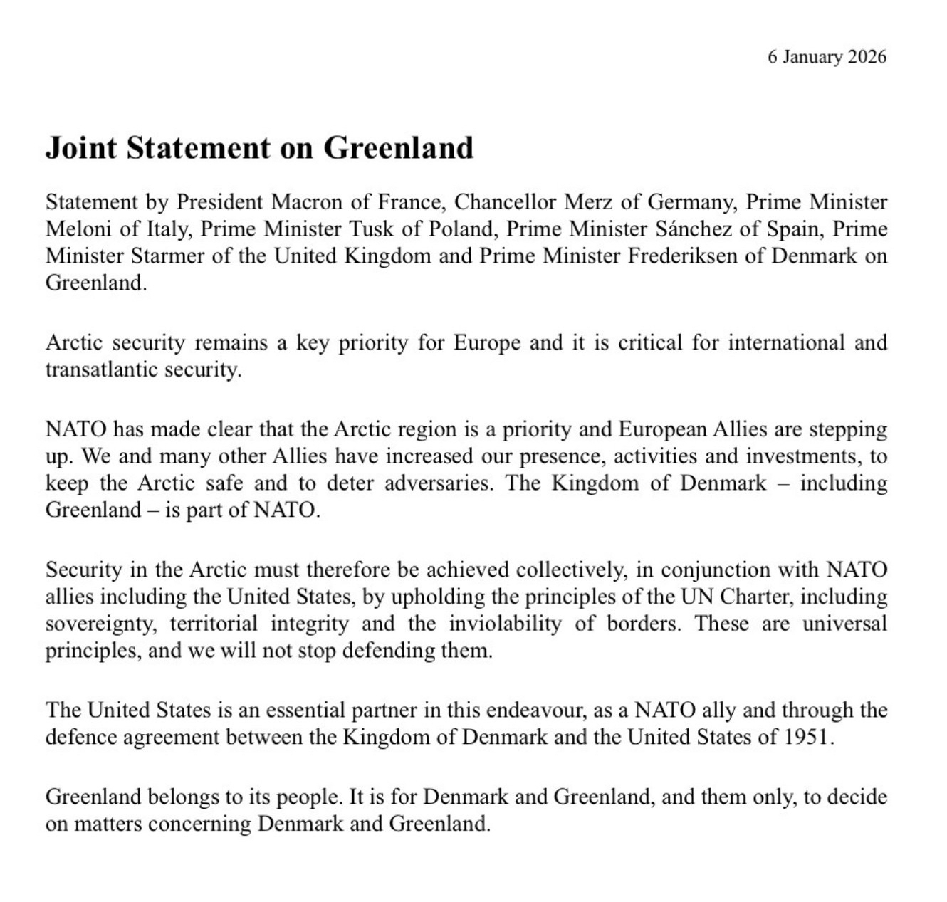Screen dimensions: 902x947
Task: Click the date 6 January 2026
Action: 827,57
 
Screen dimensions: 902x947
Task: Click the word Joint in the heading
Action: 75,148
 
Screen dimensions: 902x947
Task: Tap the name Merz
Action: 588,202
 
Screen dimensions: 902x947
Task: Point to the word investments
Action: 797,456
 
